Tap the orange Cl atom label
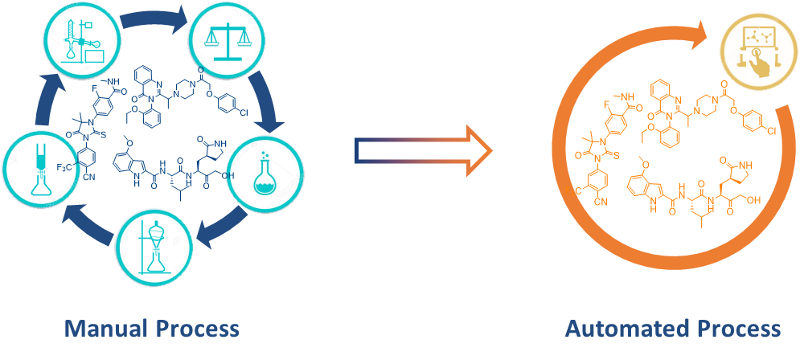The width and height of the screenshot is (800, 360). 767,130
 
